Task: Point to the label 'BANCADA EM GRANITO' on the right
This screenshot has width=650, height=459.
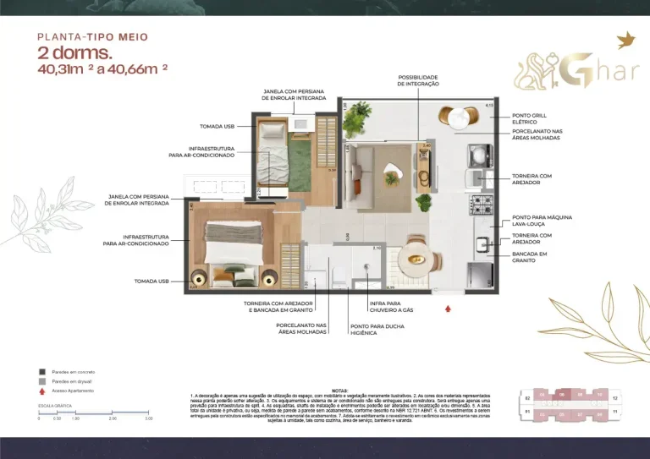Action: [x=530, y=257]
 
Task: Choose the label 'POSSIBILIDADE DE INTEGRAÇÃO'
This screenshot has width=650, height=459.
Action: [x=418, y=81]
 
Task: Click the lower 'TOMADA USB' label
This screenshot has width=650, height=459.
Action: [x=151, y=280]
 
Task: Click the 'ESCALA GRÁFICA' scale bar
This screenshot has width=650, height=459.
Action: [x=94, y=413]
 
